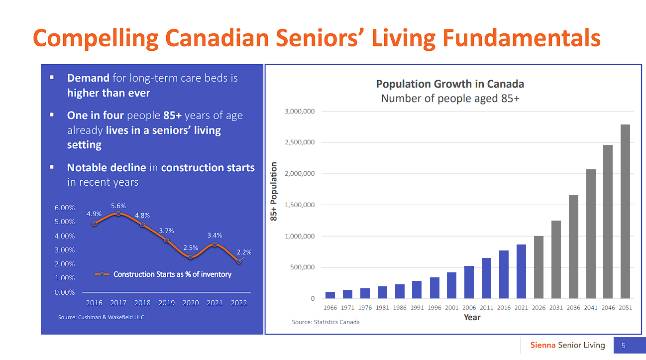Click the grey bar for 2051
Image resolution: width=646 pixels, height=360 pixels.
pyautogui.click(x=625, y=212)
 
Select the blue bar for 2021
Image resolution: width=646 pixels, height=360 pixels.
pyautogui.click(x=521, y=271)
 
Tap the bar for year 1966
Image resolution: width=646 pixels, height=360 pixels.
pyautogui.click(x=330, y=295)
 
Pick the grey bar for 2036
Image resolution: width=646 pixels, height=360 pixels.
pyautogui.click(x=573, y=247)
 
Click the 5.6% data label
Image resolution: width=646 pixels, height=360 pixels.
pyautogui.click(x=118, y=206)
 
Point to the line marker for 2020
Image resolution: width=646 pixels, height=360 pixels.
pyautogui.click(x=191, y=257)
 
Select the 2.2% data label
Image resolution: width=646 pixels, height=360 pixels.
pyautogui.click(x=244, y=252)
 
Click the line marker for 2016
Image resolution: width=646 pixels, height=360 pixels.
pyautogui.click(x=95, y=224)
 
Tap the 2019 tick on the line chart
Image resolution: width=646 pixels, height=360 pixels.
pyautogui.click(x=167, y=303)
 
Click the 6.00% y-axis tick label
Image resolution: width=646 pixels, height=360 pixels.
pyautogui.click(x=65, y=208)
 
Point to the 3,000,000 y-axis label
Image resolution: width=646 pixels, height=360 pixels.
pyautogui.click(x=300, y=111)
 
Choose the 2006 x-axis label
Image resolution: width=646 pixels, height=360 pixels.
pyautogui.click(x=469, y=308)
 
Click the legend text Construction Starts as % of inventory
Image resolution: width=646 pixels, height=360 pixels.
pyautogui.click(x=172, y=274)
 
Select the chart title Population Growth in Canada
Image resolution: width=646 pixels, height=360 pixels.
pyautogui.click(x=450, y=84)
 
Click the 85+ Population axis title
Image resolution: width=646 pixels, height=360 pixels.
pyautogui.click(x=274, y=192)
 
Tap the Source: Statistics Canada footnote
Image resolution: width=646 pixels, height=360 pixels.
pyautogui.click(x=325, y=322)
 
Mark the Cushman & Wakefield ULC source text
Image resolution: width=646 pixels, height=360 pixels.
pyautogui.click(x=101, y=317)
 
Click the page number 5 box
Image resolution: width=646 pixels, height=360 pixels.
pyautogui.click(x=623, y=346)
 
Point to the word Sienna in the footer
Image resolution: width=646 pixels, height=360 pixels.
pyautogui.click(x=543, y=345)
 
